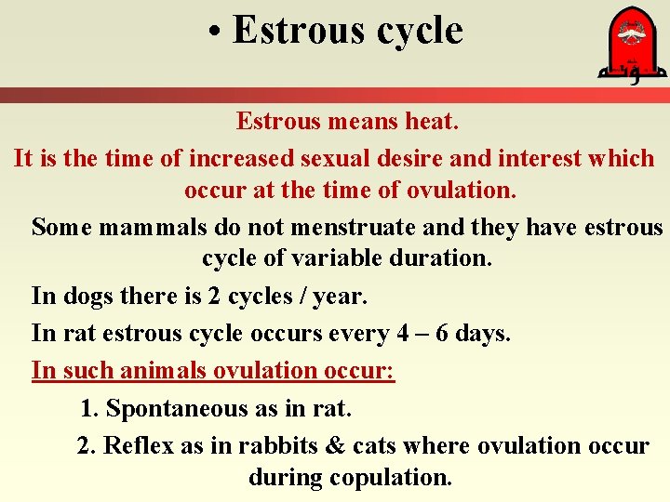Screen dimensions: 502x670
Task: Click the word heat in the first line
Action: (433, 121)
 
